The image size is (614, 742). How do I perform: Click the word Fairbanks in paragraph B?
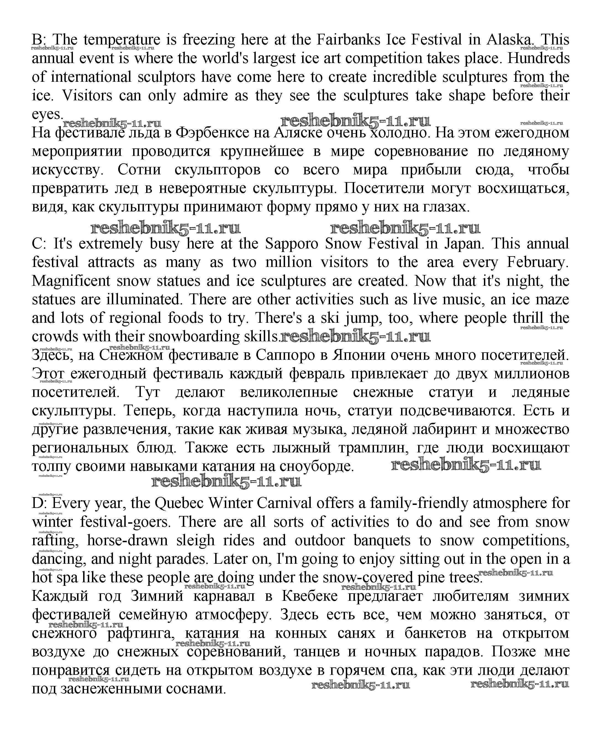pyautogui.click(x=348, y=40)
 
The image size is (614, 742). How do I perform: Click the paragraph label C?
pyautogui.click(x=39, y=244)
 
